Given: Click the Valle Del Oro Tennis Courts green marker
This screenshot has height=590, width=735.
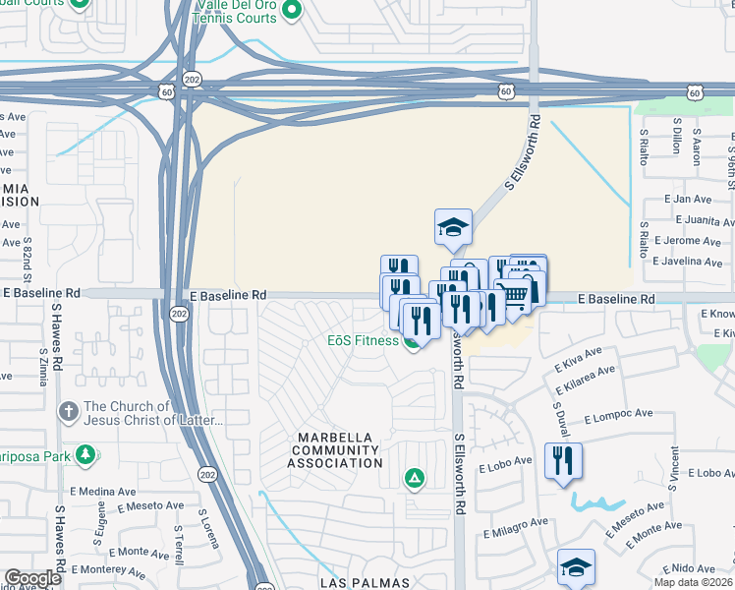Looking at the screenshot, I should (291, 12).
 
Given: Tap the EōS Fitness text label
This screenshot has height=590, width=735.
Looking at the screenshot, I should (363, 341).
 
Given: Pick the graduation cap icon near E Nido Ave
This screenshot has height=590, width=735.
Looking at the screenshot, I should (576, 566).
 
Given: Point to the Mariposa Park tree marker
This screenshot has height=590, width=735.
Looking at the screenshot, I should (86, 453).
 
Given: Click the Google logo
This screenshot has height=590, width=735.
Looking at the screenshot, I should (32, 578).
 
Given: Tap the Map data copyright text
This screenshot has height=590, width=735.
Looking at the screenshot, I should (694, 582).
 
